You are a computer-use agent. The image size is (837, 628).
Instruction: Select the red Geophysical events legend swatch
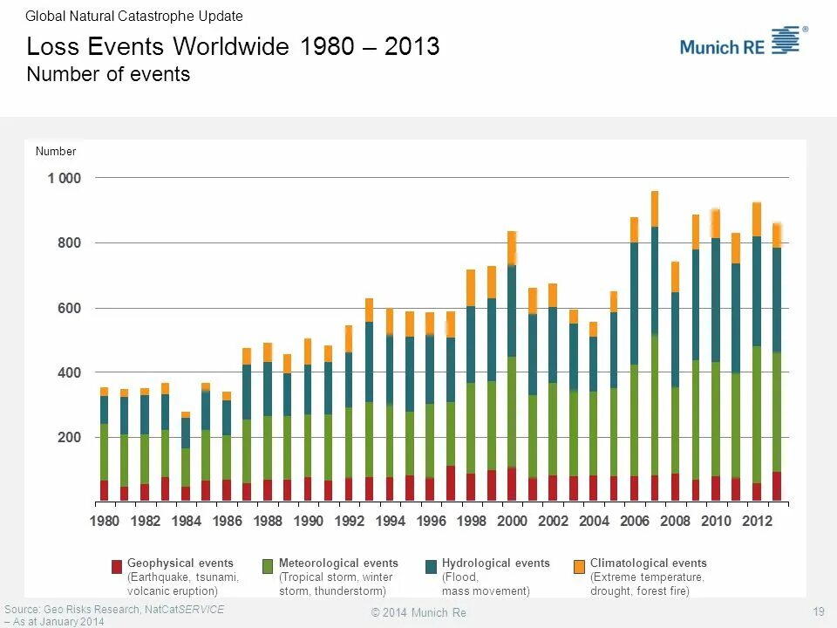pos(117,567)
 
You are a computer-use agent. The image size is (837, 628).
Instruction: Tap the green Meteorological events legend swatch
pos(269,567)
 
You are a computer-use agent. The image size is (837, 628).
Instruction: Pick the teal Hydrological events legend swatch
pos(431,567)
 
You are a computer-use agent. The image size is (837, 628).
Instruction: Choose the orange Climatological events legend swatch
pos(580,567)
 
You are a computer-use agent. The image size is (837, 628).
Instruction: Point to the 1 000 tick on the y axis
pos(64,178)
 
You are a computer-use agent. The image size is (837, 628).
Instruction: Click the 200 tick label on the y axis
pos(69,437)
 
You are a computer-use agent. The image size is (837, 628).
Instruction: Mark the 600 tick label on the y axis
pos(69,308)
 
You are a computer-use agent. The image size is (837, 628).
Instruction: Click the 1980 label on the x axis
pos(105,521)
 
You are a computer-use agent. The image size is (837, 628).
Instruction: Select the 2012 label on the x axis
pos(757,521)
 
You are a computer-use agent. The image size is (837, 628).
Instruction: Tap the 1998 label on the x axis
pos(472,521)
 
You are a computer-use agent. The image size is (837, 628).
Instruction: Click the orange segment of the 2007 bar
pos(655,208)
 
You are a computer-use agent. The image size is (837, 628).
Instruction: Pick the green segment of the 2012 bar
pos(756,414)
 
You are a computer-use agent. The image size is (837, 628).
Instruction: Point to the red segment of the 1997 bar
pos(451,483)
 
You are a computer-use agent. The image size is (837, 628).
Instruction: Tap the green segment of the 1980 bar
pos(105,452)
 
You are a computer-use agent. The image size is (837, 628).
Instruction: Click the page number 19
pos(818,611)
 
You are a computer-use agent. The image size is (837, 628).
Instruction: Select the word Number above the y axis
pos(56,151)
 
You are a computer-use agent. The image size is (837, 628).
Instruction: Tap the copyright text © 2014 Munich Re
pos(418,613)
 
